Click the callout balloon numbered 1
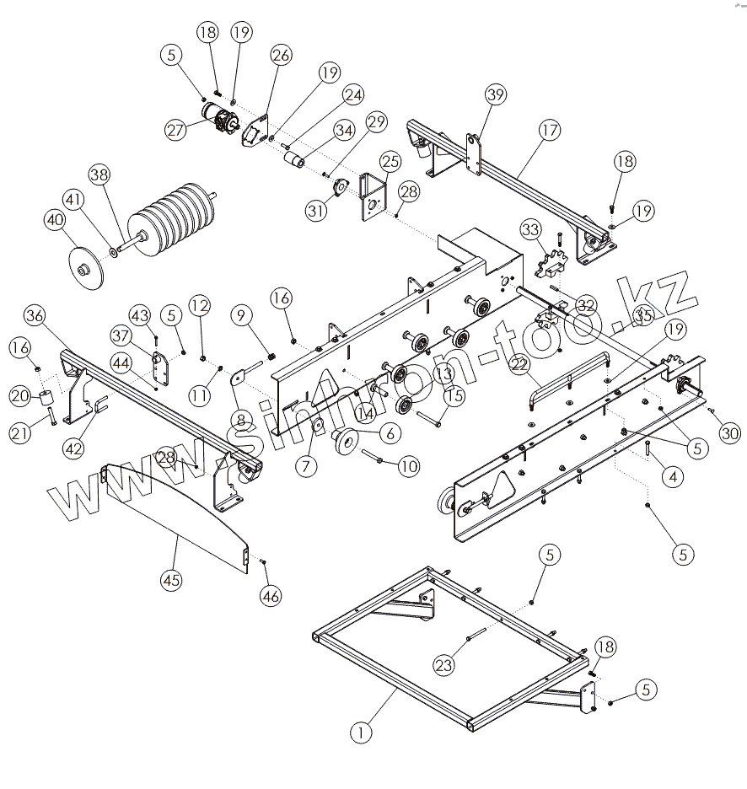[361, 733]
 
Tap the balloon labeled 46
[270, 596]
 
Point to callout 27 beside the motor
[175, 130]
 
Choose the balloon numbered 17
[550, 131]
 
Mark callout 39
[496, 95]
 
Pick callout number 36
[35, 316]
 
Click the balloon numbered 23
[444, 664]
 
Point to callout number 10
[407, 464]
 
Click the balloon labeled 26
[281, 56]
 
